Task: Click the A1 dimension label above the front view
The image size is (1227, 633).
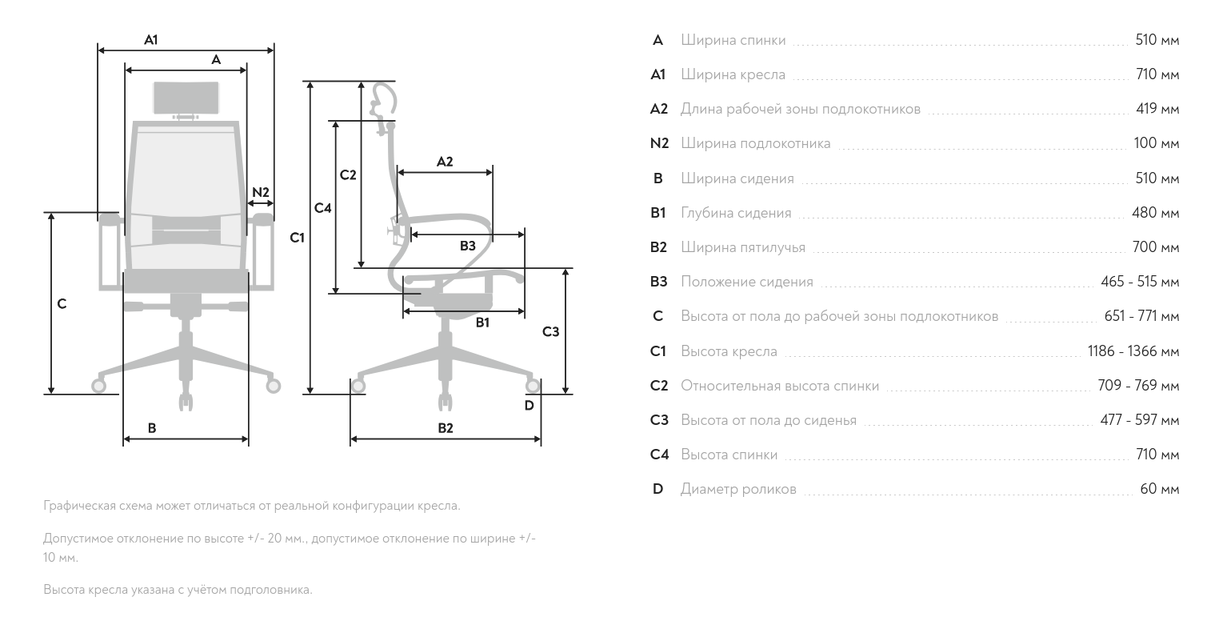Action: point(151,39)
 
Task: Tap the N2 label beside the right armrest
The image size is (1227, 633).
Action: point(261,192)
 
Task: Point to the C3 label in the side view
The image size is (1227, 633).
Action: point(550,331)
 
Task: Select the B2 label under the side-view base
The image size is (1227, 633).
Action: point(446,428)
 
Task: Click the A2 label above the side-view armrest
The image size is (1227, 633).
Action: point(445,162)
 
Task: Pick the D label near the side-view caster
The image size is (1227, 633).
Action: point(529,406)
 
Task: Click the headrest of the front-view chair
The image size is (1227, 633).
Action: point(186,98)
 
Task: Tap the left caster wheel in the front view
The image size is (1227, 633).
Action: point(99,387)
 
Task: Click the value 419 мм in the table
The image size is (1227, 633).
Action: point(1157,109)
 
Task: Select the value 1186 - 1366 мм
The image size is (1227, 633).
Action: point(1133,351)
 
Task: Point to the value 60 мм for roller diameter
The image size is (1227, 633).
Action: point(1159,489)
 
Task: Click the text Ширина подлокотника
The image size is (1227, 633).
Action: point(755,144)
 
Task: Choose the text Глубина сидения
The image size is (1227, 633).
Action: point(736,213)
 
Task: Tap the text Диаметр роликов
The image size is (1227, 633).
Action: point(738,489)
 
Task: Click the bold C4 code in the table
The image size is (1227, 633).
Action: point(658,455)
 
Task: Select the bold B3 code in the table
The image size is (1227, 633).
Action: point(658,282)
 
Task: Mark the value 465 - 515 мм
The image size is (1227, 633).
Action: point(1139,282)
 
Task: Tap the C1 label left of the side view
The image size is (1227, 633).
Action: point(298,238)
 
